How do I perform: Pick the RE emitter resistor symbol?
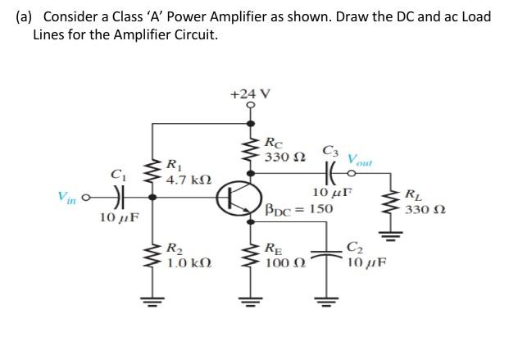251,255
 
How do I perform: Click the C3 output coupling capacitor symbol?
332,173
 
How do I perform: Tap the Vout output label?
360,158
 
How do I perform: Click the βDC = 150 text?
299,209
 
